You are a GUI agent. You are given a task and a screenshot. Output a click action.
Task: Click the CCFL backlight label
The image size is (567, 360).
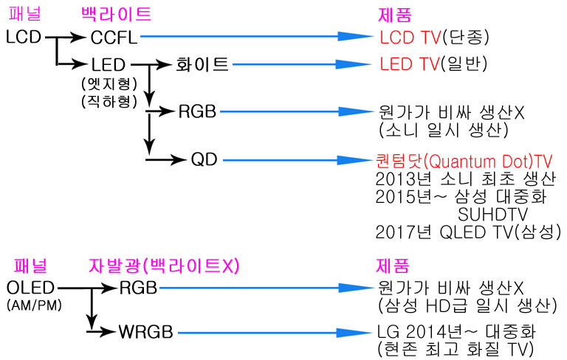coord(114,37)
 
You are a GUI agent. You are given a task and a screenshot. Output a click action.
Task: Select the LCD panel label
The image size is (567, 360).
coord(24,36)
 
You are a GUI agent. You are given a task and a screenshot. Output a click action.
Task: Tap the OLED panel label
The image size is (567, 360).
coord(30,288)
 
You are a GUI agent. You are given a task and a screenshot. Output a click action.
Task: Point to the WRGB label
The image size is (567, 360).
coord(145,332)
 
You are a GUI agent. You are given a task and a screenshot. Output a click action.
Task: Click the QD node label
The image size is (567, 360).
coord(205,159)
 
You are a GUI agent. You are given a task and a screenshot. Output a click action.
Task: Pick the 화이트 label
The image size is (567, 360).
coord(202,64)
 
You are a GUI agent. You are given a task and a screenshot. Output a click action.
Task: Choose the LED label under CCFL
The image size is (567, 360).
coord(108,65)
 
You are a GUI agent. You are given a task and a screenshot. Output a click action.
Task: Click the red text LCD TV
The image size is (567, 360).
coord(410,37)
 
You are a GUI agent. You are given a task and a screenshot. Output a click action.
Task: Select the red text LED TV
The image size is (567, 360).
coord(409,64)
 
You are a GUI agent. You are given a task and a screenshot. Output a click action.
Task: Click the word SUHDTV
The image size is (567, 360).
coord(493,215)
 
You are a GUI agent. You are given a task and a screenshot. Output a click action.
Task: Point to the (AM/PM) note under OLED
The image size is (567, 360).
coord(35,305)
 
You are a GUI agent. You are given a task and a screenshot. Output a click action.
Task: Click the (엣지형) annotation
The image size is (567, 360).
coord(109,84)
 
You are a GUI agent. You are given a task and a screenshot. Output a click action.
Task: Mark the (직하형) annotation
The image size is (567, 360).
coord(109,101)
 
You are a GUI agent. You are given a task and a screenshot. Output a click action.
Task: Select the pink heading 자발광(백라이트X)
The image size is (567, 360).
coord(164,266)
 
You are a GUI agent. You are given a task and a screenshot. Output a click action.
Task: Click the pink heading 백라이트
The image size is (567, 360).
coord(116,14)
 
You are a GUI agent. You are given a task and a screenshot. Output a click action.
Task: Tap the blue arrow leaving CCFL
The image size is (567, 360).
coord(257,36)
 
